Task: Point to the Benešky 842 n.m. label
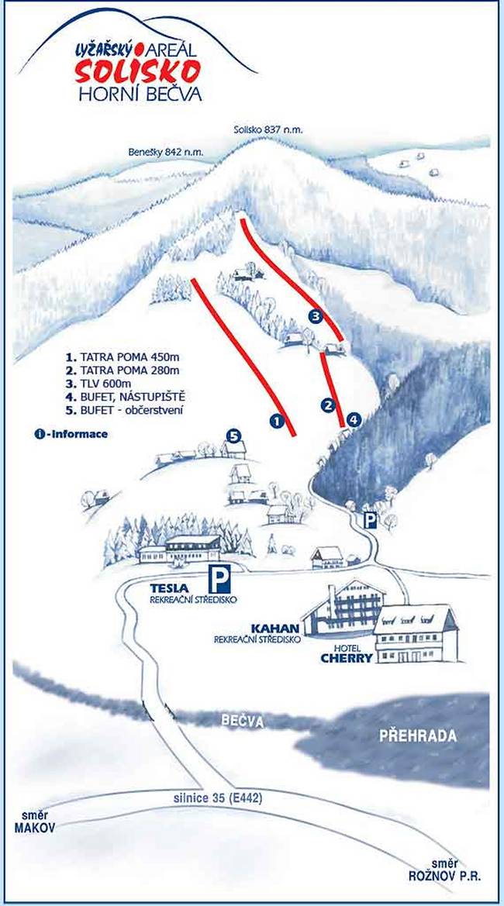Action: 166,153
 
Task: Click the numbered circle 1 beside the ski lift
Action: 275,421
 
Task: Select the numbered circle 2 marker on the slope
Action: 328,405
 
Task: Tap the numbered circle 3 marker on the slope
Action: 316,316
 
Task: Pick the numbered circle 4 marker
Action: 354,420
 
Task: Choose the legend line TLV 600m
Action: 105,384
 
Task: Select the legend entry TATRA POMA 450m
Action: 123,358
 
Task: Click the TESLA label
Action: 171,588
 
